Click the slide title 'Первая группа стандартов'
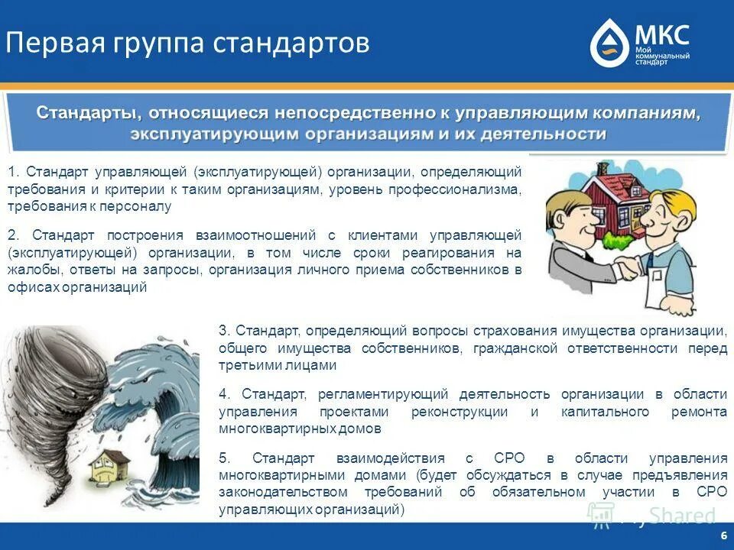(187, 43)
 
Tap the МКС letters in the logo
(661, 34)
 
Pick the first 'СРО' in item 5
(503, 458)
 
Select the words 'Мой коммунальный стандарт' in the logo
(662, 56)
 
